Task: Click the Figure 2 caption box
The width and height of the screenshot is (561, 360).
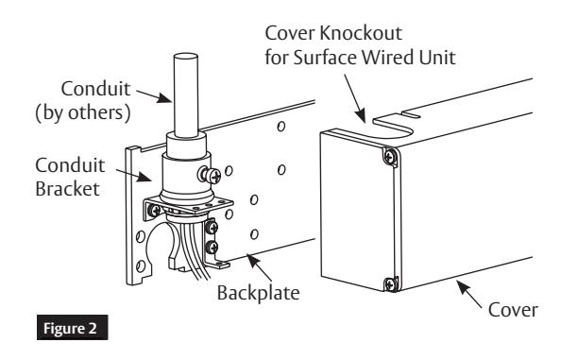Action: pos(73,328)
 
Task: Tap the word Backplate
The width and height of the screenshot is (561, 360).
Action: pos(259,293)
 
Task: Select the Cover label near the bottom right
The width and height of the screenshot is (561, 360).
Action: pos(513,310)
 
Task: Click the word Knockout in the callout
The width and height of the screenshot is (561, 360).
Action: pos(361,33)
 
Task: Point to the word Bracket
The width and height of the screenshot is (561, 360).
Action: pos(67,188)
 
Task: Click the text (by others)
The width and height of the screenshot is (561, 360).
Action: pos(83,112)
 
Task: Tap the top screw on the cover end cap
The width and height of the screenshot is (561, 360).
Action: pos(389,156)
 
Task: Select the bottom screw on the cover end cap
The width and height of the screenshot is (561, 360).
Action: pos(390,284)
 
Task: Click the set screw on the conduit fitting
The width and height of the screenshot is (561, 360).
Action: pos(210,175)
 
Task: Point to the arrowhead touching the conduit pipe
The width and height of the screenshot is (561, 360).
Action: pos(165,97)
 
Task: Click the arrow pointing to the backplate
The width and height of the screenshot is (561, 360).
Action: pos(260,268)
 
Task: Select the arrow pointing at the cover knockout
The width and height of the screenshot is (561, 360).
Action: pos(355,98)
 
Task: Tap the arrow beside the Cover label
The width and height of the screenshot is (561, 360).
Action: pos(469,294)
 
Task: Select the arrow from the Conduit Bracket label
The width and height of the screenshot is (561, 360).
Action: pos(134,175)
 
